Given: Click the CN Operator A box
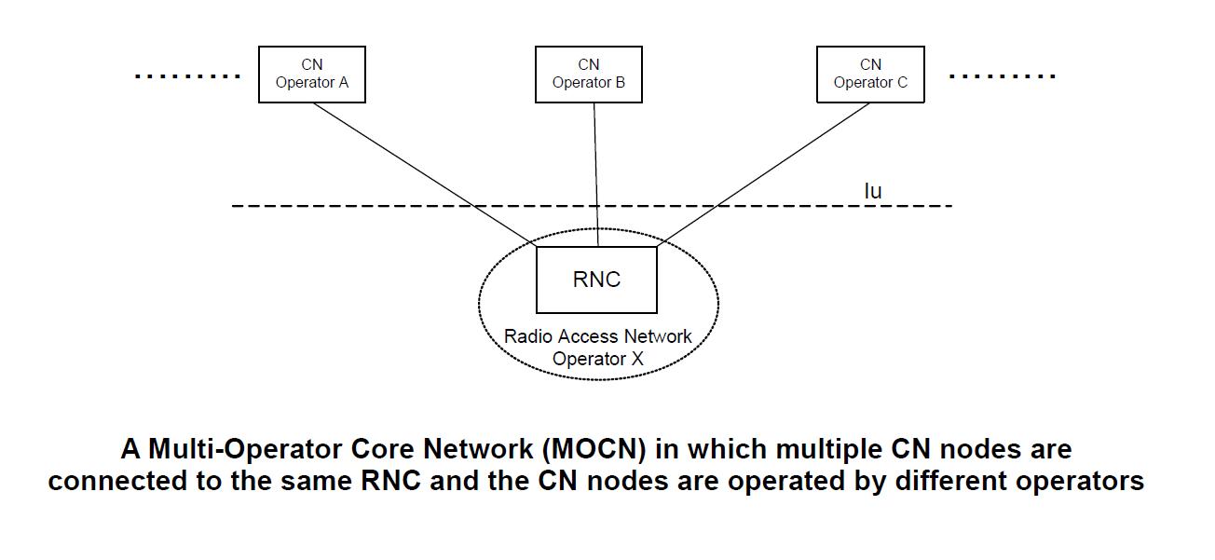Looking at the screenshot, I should [311, 74].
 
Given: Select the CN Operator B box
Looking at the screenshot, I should [588, 74].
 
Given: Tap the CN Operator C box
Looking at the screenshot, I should [870, 74].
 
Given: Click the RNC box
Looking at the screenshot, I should [596, 280].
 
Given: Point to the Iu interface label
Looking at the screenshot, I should [872, 191].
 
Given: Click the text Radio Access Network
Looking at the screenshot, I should [597, 336].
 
